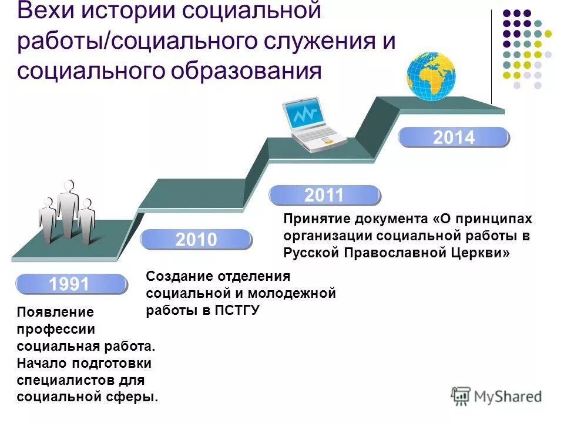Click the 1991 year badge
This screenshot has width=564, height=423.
coord(70,284)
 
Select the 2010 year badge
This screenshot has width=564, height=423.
coord(196,239)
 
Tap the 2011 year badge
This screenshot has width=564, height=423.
coord(324,196)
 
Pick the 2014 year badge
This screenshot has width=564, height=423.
coord(454,137)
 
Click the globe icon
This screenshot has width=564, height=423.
coord(431,76)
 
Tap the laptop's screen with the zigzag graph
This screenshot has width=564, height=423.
coord(302,115)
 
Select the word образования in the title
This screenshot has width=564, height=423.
coord(247,70)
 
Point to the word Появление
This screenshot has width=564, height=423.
coord(55,313)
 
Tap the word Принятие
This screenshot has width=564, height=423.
coord(317,219)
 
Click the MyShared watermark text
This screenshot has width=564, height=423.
coord(508,397)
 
